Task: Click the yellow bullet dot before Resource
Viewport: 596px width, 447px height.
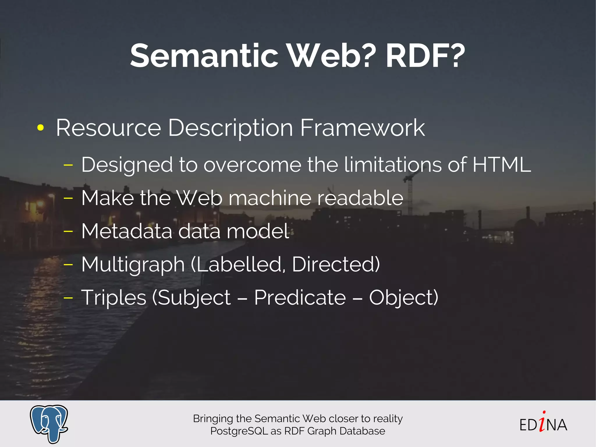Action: tap(40, 128)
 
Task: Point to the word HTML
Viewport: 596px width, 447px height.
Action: tap(501, 165)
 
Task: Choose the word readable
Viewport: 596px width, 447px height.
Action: tap(360, 198)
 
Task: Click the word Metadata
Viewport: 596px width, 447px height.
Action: tap(127, 231)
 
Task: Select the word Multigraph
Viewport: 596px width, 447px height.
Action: tap(133, 265)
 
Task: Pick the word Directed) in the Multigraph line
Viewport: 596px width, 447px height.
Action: tap(336, 264)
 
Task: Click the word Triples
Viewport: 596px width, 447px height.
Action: tap(113, 298)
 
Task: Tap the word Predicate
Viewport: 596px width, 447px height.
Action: tap(300, 298)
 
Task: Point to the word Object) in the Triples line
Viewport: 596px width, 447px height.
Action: tap(404, 298)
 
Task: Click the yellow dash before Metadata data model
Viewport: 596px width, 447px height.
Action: tap(68, 232)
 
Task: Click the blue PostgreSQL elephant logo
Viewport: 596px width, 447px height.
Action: tap(49, 423)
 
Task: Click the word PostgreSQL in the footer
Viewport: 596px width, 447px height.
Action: tap(239, 431)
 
